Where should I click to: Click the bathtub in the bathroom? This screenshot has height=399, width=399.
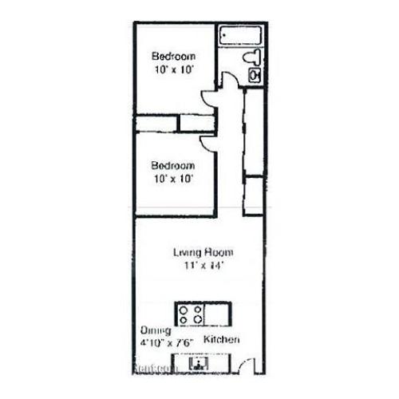(243, 36)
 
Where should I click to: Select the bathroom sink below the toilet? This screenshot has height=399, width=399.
(255, 75)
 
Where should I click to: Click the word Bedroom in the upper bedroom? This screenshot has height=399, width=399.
(174, 57)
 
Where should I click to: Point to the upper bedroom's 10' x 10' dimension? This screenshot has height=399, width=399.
(174, 69)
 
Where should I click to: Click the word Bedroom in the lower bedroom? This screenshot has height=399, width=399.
(174, 165)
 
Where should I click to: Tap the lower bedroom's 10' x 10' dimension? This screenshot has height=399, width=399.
(174, 178)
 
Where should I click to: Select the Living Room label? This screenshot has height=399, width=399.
(203, 253)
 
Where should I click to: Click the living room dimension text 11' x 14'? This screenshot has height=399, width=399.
(203, 266)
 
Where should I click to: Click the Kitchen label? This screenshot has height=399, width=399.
(221, 340)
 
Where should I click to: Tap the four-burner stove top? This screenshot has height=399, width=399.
(190, 314)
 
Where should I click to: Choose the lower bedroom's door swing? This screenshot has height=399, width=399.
(207, 142)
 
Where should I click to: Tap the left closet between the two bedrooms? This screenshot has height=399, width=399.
(156, 123)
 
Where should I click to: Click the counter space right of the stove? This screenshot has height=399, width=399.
(218, 314)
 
